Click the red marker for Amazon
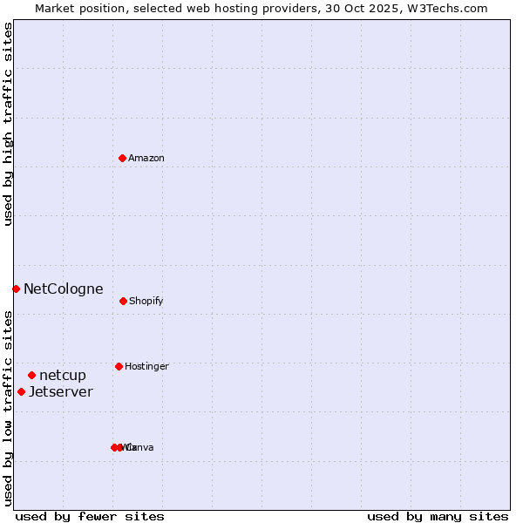click(122, 158)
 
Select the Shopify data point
click(123, 301)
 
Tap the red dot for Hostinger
click(119, 366)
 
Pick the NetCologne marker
click(16, 289)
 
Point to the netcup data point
click(31, 375)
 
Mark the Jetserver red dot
click(21, 391)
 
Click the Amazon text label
click(146, 158)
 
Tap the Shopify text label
click(146, 301)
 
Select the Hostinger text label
click(146, 366)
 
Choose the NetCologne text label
click(64, 289)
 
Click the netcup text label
click(63, 375)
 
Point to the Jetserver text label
click(61, 391)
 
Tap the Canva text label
click(141, 447)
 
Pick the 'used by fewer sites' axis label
click(90, 516)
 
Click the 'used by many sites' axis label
click(438, 516)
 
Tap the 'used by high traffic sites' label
click(8, 124)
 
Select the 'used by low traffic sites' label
click(8, 407)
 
